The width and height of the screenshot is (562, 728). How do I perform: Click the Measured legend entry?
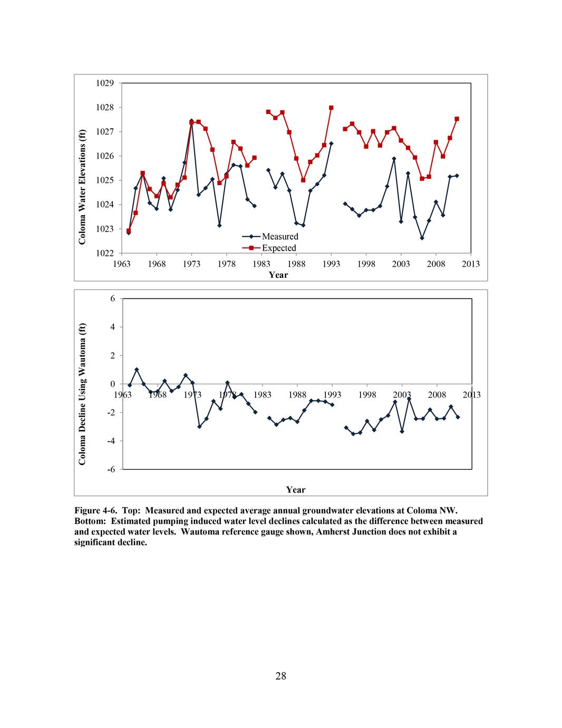tap(279, 236)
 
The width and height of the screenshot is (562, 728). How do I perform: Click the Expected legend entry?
tap(279, 248)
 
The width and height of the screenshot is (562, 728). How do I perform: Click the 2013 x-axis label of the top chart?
tap(471, 264)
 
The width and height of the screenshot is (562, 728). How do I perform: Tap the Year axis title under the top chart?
tap(278, 275)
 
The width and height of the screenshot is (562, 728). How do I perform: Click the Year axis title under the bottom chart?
tap(296, 490)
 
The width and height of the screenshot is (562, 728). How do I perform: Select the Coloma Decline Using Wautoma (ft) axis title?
tap(82, 394)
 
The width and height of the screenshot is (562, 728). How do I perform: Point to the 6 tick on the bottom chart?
tap(112, 299)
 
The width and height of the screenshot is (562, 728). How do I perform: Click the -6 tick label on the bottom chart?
tap(111, 469)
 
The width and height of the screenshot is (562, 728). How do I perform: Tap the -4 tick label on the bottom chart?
tap(111, 440)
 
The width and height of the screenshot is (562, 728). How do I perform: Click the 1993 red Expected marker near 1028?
tap(331, 108)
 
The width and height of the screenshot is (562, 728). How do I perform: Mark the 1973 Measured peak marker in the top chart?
tap(191, 121)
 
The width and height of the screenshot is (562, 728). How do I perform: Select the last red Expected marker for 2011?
tap(457, 119)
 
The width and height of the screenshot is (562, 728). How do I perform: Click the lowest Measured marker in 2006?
tap(422, 238)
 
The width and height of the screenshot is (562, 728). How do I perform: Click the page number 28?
tap(280, 677)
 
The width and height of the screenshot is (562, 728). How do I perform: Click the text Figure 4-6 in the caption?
tap(92, 511)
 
